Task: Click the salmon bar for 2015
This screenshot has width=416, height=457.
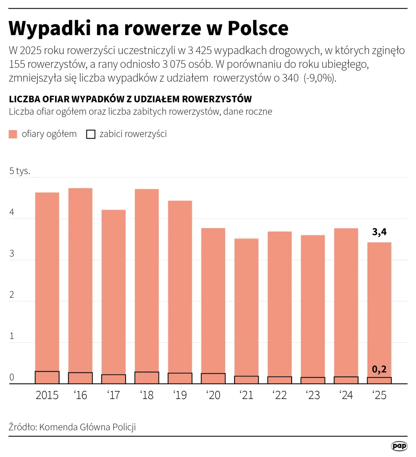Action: (47, 281)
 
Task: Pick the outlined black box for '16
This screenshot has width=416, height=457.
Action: (81, 378)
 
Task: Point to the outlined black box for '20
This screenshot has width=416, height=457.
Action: (213, 379)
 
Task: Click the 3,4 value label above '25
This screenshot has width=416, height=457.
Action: (379, 232)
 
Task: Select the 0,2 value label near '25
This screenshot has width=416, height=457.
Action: (379, 369)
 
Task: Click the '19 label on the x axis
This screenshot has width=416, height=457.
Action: (180, 395)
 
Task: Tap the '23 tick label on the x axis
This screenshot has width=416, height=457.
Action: (313, 395)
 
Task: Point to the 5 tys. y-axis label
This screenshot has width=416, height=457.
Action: (20, 171)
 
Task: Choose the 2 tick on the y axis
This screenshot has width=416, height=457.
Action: (12, 295)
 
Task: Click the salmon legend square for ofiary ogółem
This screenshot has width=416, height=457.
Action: (13, 134)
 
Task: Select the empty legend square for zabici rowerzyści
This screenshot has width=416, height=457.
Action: (91, 134)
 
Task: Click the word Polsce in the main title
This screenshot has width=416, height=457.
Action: (258, 28)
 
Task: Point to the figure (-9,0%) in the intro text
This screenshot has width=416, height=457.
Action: (320, 78)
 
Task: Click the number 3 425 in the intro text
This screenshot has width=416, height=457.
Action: (200, 50)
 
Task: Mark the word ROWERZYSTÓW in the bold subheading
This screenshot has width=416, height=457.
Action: (217, 99)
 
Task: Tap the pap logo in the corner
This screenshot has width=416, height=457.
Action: (399, 446)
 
